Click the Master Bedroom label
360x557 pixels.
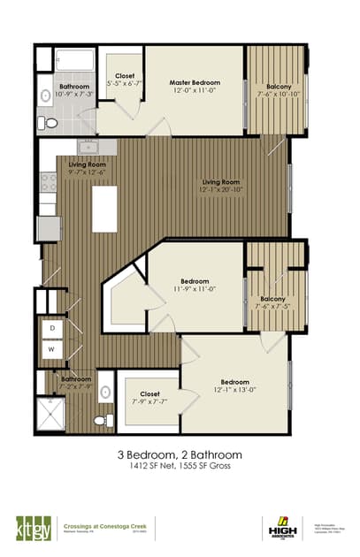(x=194, y=82)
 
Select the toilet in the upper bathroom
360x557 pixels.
(x=50, y=121)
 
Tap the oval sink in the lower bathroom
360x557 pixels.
(x=103, y=389)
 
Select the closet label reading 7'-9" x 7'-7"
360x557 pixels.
(x=149, y=397)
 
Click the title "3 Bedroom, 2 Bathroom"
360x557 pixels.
(x=180, y=454)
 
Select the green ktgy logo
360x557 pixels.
(x=31, y=526)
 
